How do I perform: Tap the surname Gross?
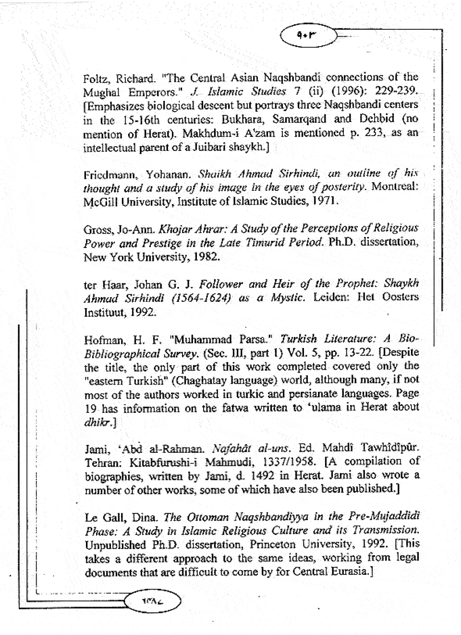[x=96, y=229]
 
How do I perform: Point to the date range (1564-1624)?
[x=201, y=298]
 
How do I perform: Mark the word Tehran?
[x=99, y=463]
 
